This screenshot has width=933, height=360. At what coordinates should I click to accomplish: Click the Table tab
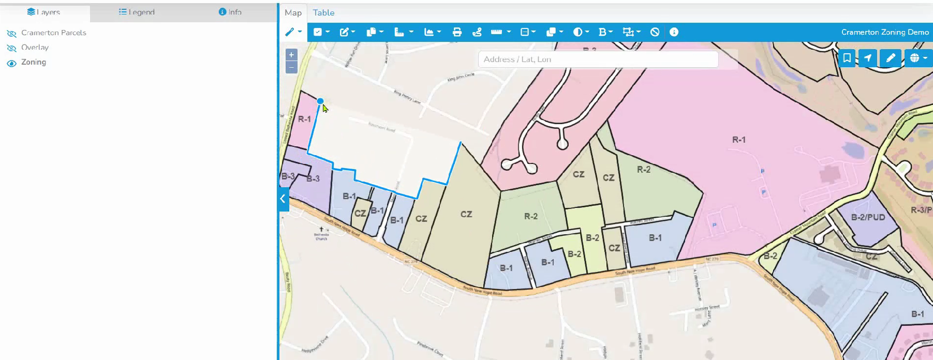pos(323,12)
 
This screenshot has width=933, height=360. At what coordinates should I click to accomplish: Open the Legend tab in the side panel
pos(137,12)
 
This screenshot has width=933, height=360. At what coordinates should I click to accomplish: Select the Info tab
pos(230,12)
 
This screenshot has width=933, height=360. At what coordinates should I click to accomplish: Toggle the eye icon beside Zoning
pos(11,63)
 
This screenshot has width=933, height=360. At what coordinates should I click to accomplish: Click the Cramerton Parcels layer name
pos(54,33)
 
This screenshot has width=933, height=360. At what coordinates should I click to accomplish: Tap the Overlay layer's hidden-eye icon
pos(11,48)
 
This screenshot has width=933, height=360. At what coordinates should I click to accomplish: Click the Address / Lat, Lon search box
pos(598,59)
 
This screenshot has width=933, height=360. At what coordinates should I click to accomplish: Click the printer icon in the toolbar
pos(457,32)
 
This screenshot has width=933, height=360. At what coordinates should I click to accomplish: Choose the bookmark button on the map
pos(847,58)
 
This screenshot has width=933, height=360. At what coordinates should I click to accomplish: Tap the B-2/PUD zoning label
pos(868,217)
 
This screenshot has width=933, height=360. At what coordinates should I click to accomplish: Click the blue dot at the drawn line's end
pos(320,101)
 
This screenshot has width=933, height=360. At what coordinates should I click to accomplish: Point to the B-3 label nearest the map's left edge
pos(288,176)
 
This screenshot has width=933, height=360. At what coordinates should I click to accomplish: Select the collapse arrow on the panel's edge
pos(283,199)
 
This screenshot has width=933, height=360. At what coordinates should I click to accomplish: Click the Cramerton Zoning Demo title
pos(884,32)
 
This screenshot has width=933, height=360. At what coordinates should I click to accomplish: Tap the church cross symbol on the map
pos(321,229)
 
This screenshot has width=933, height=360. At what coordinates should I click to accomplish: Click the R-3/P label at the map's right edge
pos(921,210)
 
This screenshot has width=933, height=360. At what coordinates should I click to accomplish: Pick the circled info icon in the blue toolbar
pos(674,32)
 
